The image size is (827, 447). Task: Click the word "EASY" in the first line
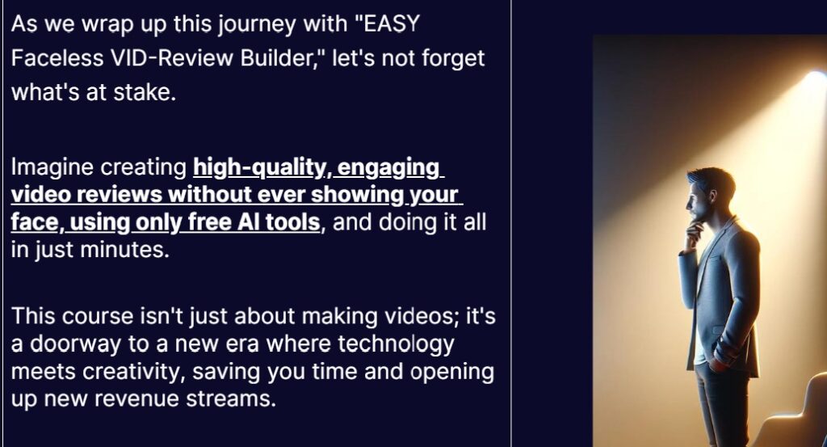point(392,23)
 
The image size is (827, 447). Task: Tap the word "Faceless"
point(57,58)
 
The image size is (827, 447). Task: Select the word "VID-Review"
point(171,58)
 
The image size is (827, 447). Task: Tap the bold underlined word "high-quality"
point(259,168)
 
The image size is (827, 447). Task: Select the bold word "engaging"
point(388,168)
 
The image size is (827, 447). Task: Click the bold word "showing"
point(355,196)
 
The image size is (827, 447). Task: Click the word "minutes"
point(125,250)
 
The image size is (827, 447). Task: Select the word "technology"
point(396,344)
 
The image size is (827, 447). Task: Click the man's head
point(709,194)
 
